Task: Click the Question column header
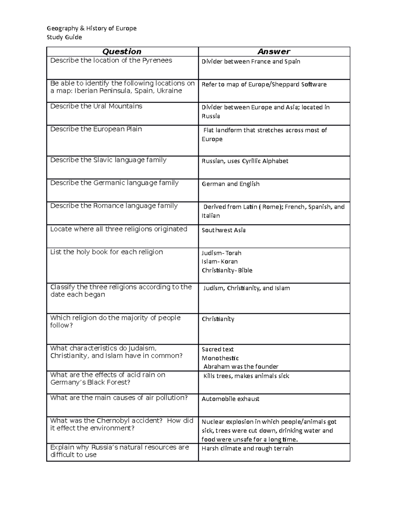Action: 122,52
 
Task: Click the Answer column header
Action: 274,52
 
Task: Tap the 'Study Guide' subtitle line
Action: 64,37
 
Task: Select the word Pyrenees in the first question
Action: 157,61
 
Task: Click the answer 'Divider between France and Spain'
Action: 251,62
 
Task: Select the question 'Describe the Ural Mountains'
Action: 96,106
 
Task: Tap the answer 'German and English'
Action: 231,184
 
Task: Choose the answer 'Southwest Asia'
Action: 224,230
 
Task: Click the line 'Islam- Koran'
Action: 220,261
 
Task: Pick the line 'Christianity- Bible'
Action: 227,270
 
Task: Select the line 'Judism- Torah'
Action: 221,253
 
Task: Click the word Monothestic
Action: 220,358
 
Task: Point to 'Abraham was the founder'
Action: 241,367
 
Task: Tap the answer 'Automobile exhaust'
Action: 230,399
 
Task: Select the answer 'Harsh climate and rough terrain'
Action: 247,448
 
